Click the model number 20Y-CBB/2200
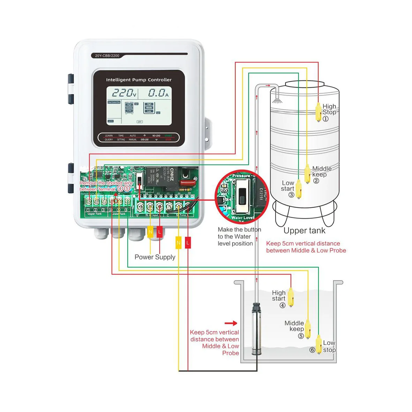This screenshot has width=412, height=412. pos(107,55)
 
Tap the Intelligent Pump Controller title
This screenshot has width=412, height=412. pos(138,80)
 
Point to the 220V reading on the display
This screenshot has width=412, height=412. pos(123,93)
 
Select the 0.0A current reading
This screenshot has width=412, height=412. pos(158,93)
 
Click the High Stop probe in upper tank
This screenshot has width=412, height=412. pos(318,112)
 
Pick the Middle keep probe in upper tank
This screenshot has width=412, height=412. pos(307,174)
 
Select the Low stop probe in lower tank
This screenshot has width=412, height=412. pos(319,344)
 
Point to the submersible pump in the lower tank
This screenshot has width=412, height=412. pos(257,329)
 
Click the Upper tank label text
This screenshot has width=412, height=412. pos(304,231)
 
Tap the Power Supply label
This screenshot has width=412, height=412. pos(155,257)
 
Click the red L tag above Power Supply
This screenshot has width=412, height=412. pos(159,232)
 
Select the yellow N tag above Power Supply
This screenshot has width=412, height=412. pos(150,232)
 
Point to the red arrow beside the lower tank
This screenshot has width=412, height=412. pos(231,323)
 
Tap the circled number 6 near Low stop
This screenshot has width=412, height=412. pos(312,350)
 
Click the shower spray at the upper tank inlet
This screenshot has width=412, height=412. pos(277,100)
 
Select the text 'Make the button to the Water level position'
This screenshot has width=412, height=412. pos(239,237)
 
